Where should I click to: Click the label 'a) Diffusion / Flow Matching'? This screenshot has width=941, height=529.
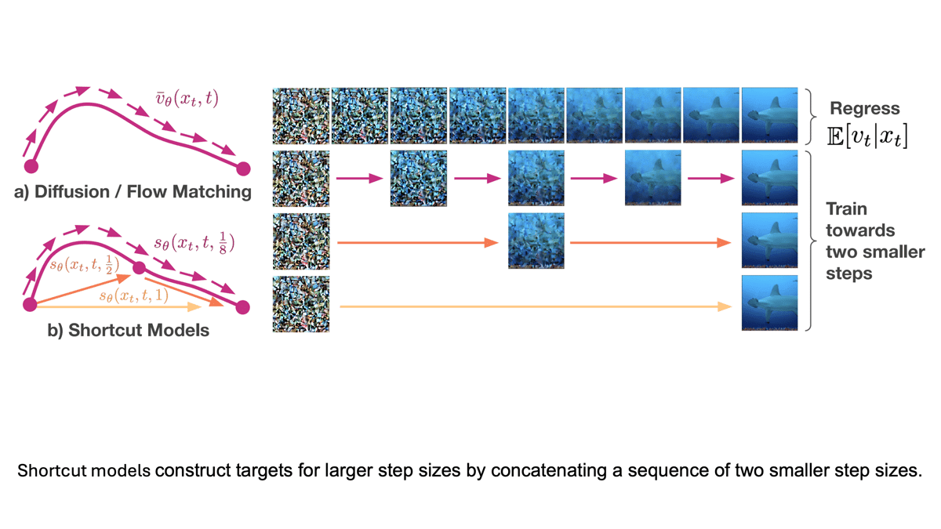133,191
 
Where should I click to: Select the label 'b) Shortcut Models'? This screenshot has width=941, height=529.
129,330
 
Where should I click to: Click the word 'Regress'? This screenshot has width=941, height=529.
865,109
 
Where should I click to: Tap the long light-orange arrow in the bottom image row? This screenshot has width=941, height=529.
533,308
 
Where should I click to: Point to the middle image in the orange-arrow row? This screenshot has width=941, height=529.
536,241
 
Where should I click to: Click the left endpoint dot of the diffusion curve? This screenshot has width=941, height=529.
31,166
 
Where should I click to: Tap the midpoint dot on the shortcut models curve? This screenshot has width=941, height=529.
139,268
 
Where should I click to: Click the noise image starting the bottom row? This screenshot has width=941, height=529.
300,303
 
